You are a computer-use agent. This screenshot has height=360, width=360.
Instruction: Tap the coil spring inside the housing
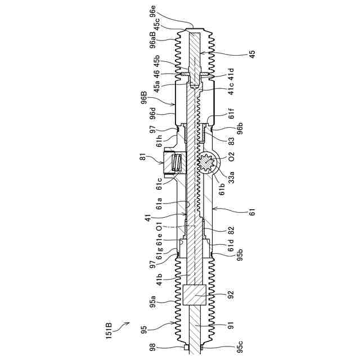(x=176, y=164)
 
